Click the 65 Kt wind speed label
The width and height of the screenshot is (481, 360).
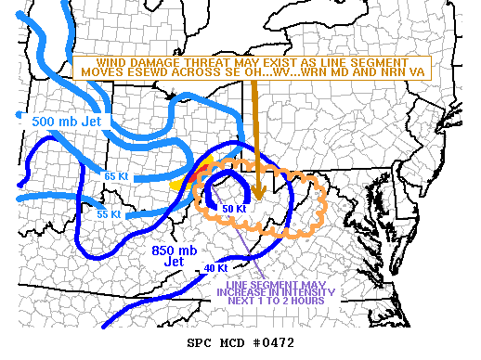(115, 174)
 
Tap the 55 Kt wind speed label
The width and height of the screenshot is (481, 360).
(109, 214)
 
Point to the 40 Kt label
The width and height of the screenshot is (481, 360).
(214, 269)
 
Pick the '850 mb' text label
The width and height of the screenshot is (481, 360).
(173, 250)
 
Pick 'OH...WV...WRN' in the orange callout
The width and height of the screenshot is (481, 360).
(272, 71)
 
